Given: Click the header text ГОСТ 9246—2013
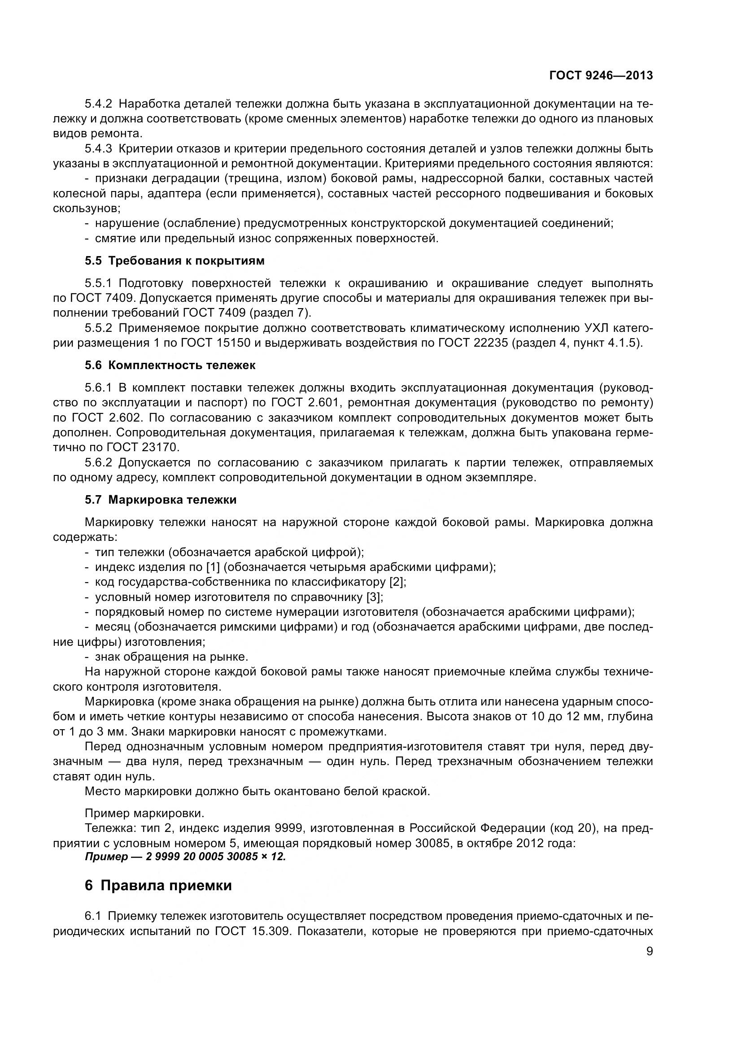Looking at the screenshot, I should [x=601, y=76].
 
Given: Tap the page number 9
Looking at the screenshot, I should [x=649, y=951].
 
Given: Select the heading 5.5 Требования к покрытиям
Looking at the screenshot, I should [x=175, y=261].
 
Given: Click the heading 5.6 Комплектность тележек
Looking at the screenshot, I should [x=170, y=365].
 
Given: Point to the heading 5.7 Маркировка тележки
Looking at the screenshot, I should [x=161, y=499].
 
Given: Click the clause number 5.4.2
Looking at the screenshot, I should [x=98, y=104].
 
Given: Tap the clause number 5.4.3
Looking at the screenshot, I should [x=98, y=149].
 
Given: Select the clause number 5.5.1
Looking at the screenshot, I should [x=98, y=283].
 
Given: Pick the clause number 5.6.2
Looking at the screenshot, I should [x=98, y=462].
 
